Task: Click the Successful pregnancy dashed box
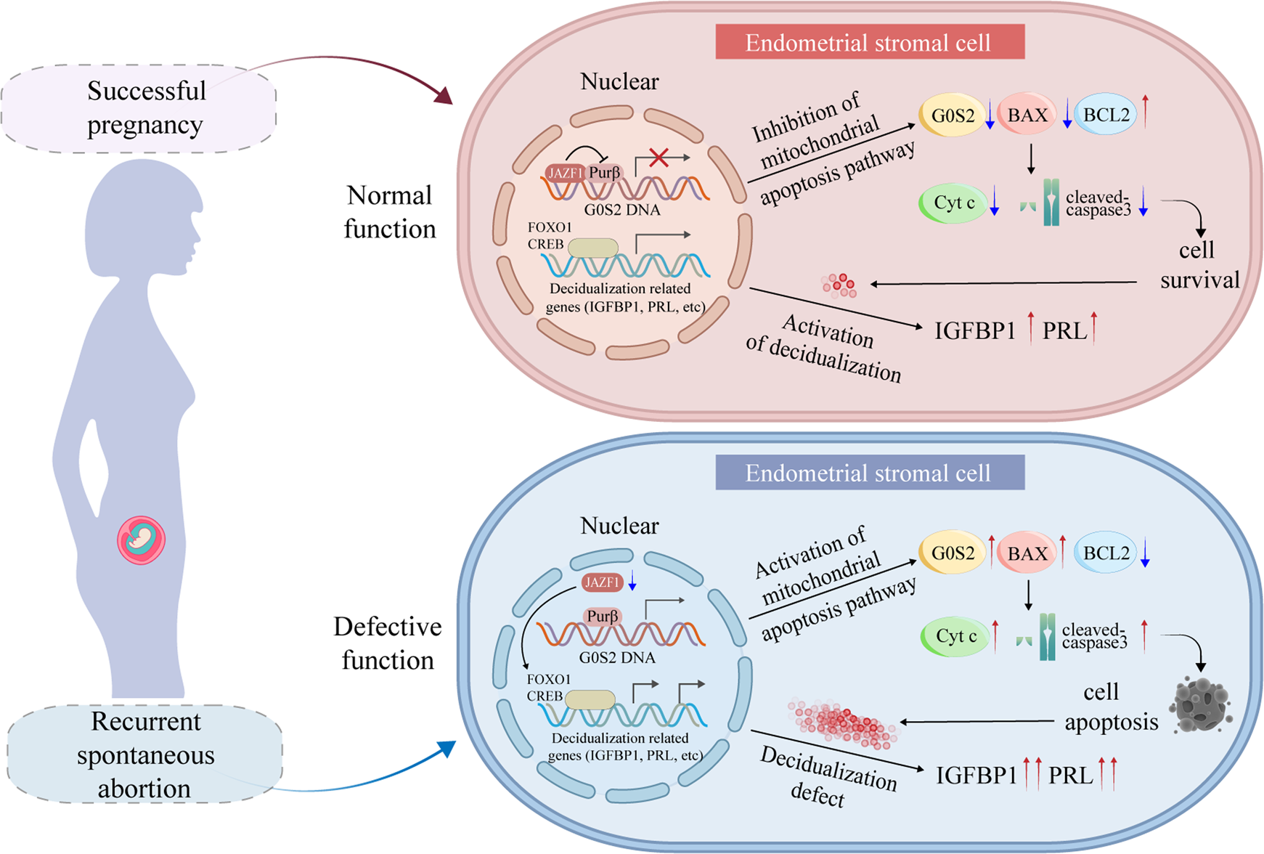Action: point(139,107)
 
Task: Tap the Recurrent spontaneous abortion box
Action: point(144,755)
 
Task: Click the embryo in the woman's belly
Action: point(142,541)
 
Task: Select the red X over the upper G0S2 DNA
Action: point(658,158)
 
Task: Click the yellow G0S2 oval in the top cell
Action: point(952,115)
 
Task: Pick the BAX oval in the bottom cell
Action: point(1027,554)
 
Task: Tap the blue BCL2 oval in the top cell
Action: point(1106,115)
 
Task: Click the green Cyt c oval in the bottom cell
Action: point(955,637)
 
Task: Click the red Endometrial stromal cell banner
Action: point(869,42)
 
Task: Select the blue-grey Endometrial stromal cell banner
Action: point(869,473)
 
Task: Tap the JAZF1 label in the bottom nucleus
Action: point(601,582)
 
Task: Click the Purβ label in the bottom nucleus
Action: point(603,617)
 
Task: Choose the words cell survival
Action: point(1198,265)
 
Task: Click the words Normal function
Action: point(390,212)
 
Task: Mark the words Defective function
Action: point(388,643)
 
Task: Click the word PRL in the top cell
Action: point(1064,331)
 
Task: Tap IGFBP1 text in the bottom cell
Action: point(976,776)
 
